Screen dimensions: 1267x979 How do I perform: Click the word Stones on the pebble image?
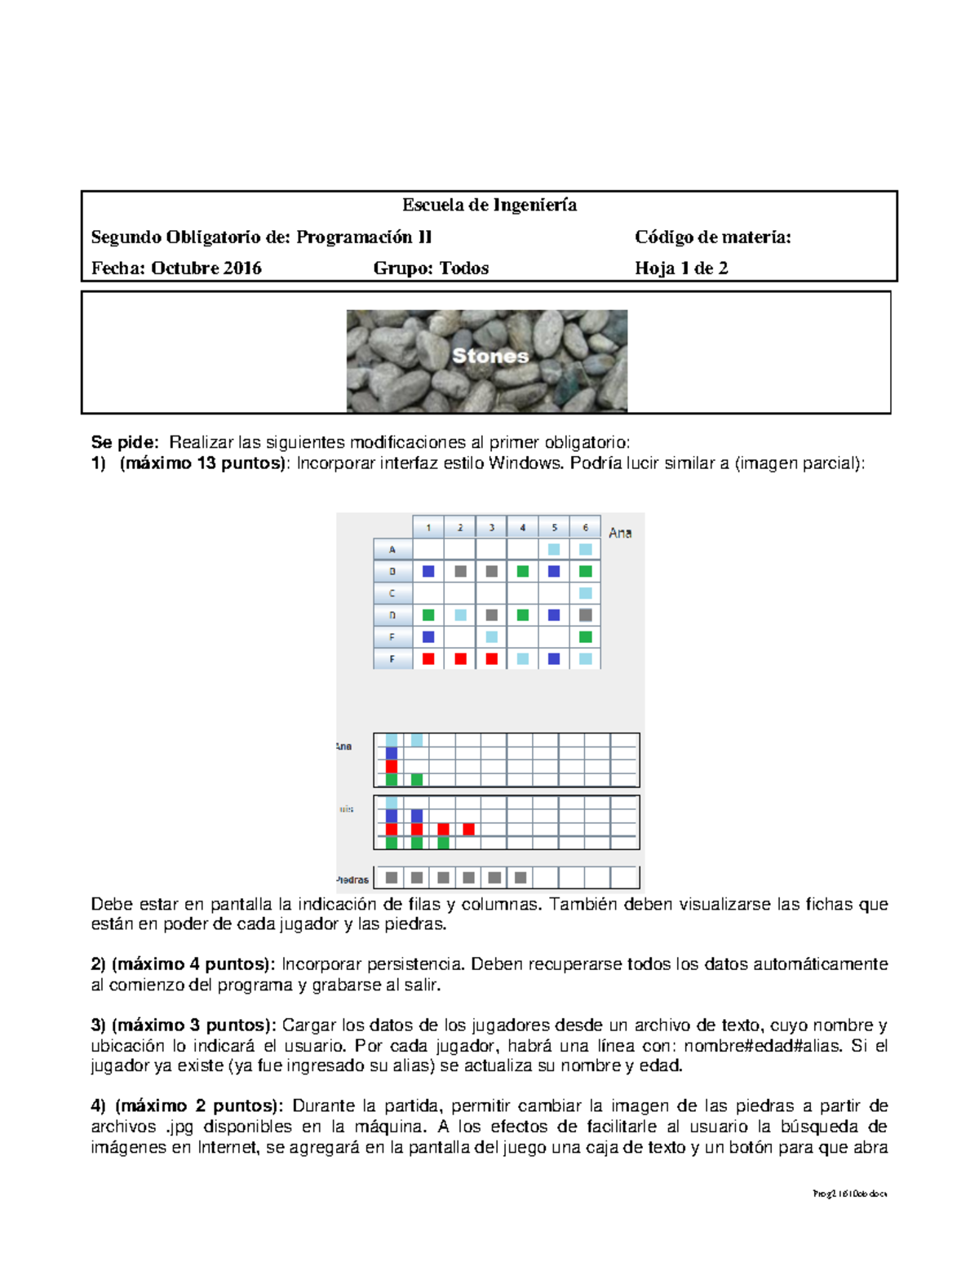[490, 356]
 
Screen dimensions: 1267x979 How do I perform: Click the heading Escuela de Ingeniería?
[489, 206]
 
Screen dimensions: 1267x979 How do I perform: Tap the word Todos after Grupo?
[464, 268]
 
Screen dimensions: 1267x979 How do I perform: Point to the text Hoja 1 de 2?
[681, 268]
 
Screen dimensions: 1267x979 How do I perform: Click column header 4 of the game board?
[523, 528]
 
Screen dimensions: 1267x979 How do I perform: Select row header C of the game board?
[392, 593]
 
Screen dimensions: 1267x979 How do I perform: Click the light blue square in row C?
[586, 593]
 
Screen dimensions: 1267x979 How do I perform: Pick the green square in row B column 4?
[523, 571]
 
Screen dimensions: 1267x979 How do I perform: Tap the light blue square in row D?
[460, 615]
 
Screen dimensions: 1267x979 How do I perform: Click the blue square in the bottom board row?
[554, 658]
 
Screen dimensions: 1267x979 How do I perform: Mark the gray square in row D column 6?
[586, 615]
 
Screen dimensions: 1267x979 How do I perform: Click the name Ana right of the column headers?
[620, 533]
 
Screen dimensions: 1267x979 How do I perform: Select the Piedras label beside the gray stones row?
[352, 879]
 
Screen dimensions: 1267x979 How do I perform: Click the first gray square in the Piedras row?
[392, 878]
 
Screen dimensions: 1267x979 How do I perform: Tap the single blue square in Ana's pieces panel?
[392, 753]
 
